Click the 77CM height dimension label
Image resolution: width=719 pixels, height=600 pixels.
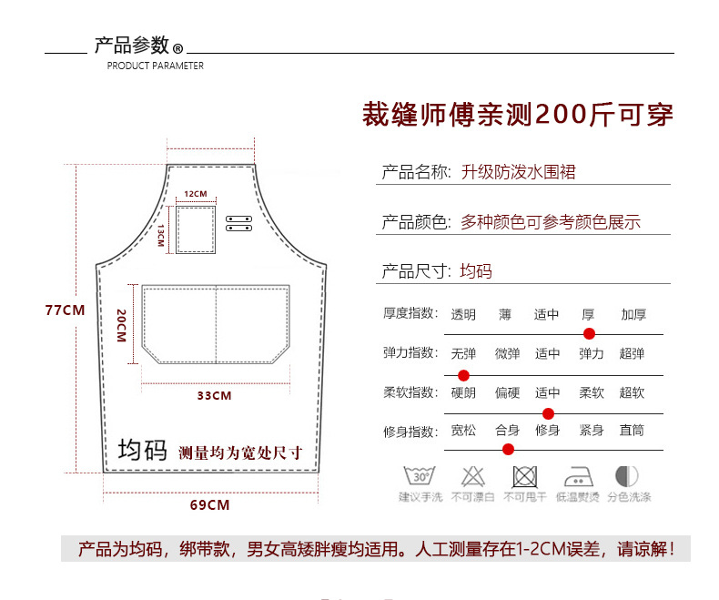click(65, 310)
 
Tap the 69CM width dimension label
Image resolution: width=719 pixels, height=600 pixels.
click(209, 504)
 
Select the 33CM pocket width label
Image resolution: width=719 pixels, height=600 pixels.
click(215, 396)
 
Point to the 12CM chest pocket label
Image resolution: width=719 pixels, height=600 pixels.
click(196, 194)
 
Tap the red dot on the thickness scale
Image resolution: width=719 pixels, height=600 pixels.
click(589, 334)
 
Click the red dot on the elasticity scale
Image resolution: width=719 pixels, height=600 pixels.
click(463, 375)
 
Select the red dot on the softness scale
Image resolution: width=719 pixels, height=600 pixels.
click(548, 412)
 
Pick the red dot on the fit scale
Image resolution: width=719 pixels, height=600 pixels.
click(508, 449)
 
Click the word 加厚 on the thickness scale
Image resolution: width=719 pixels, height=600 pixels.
click(633, 315)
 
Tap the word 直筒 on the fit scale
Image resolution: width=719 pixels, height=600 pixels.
click(632, 430)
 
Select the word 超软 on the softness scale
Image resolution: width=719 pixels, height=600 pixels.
click(632, 393)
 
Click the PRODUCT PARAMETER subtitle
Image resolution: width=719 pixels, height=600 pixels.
click(156, 66)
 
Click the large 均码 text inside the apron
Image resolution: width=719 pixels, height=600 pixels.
click(142, 450)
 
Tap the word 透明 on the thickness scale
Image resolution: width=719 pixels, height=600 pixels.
click(463, 315)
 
